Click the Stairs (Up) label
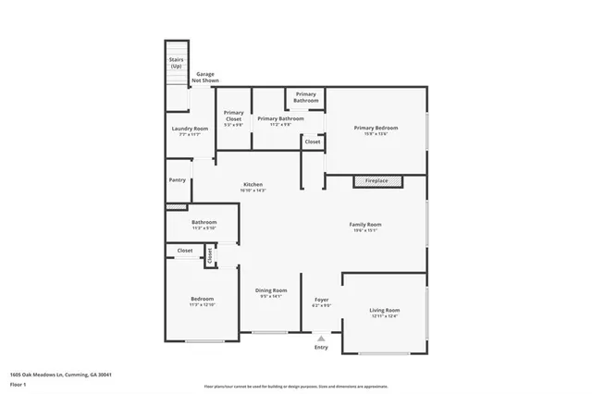coord(176,64)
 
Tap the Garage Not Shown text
coord(204,77)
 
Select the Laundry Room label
coord(189,129)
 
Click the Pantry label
coord(177,180)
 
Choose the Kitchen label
coord(253,184)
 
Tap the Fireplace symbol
coord(376,180)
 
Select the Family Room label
coord(364,225)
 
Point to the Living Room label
coord(384,310)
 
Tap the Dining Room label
coord(271,290)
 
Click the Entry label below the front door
coord(320,347)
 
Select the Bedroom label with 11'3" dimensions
coord(202,299)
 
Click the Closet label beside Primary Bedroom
coord(313,142)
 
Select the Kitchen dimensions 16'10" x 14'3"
coord(253,191)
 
